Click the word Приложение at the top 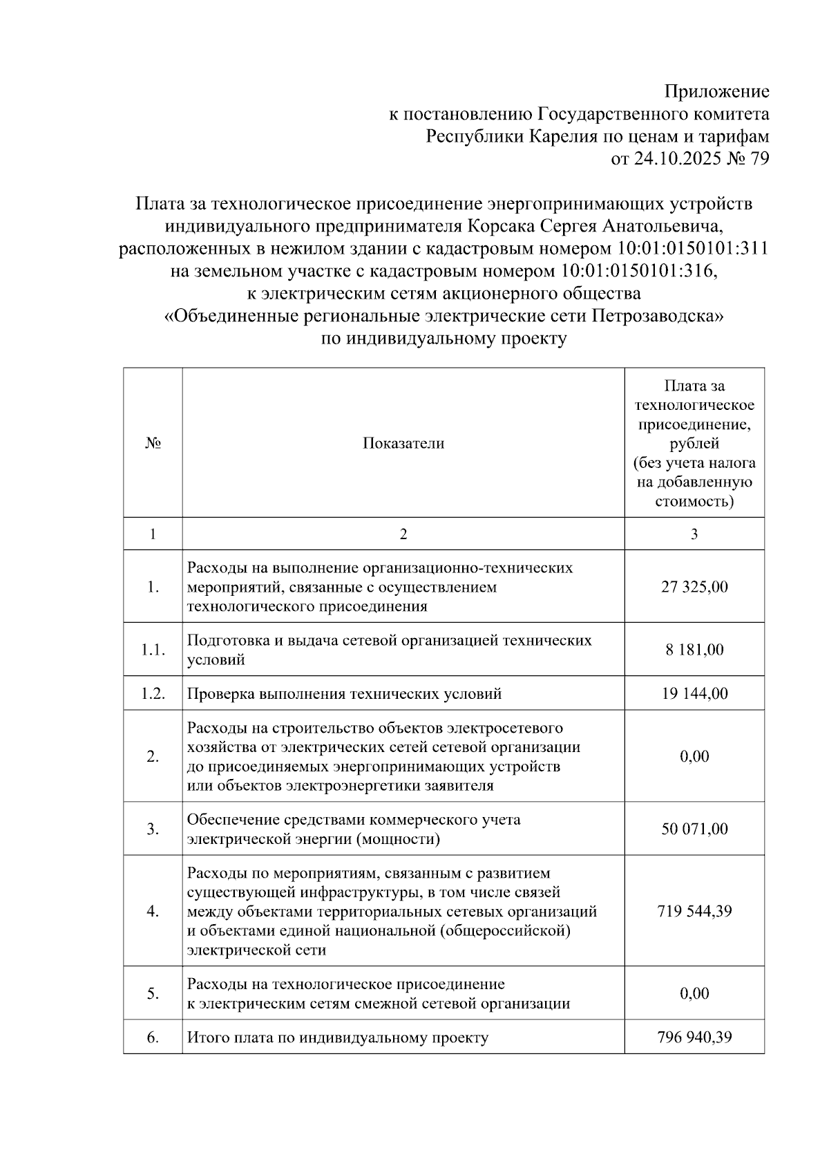tap(716, 91)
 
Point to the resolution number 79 tap(759, 159)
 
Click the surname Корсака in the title tap(500, 226)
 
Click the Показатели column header tap(403, 444)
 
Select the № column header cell tap(153, 444)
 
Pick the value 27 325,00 tap(694, 587)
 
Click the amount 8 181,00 tap(694, 650)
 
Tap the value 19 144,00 tap(694, 693)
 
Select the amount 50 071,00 tap(694, 829)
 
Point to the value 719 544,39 tap(694, 911)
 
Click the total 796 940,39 tap(694, 1038)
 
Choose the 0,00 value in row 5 tap(694, 993)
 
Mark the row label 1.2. tap(153, 693)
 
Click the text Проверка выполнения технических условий tap(344, 693)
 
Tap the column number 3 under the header tap(694, 534)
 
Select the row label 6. tap(153, 1038)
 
